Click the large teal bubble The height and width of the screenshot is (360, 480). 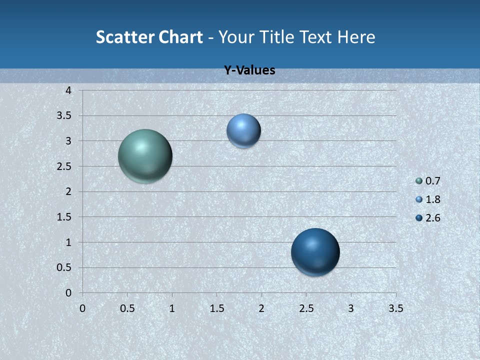tap(145, 156)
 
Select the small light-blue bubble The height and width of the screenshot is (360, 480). tap(243, 131)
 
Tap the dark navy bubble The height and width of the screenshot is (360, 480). tap(315, 252)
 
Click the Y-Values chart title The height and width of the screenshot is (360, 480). tap(249, 70)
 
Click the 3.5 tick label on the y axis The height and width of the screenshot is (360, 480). tap(65, 115)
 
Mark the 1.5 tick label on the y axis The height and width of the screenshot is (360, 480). tap(65, 217)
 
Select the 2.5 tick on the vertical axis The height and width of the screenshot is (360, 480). tap(65, 166)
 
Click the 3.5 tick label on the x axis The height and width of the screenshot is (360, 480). tap(395, 308)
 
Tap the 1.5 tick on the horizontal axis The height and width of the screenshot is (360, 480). tap(216, 308)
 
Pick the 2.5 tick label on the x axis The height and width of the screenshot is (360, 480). tap(306, 308)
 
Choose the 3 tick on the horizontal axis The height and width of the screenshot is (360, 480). tap(351, 308)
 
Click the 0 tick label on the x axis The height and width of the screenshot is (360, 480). tap(82, 308)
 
